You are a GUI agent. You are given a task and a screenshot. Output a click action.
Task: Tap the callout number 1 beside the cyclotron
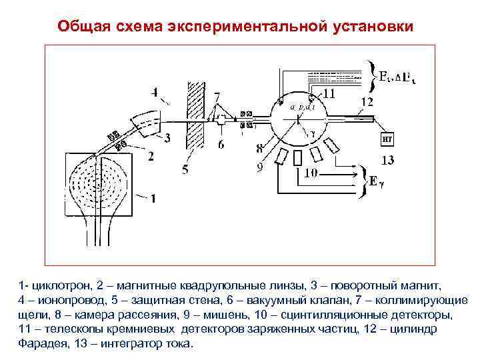(x=153, y=198)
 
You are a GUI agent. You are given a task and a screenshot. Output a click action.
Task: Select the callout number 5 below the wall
(x=186, y=169)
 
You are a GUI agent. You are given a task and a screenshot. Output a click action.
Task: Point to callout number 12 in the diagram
(x=367, y=101)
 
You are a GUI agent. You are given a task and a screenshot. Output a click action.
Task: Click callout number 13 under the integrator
(x=387, y=160)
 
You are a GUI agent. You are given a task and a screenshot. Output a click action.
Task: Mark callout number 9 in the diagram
(x=260, y=169)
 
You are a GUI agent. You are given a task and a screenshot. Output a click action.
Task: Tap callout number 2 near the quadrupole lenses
(x=151, y=157)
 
